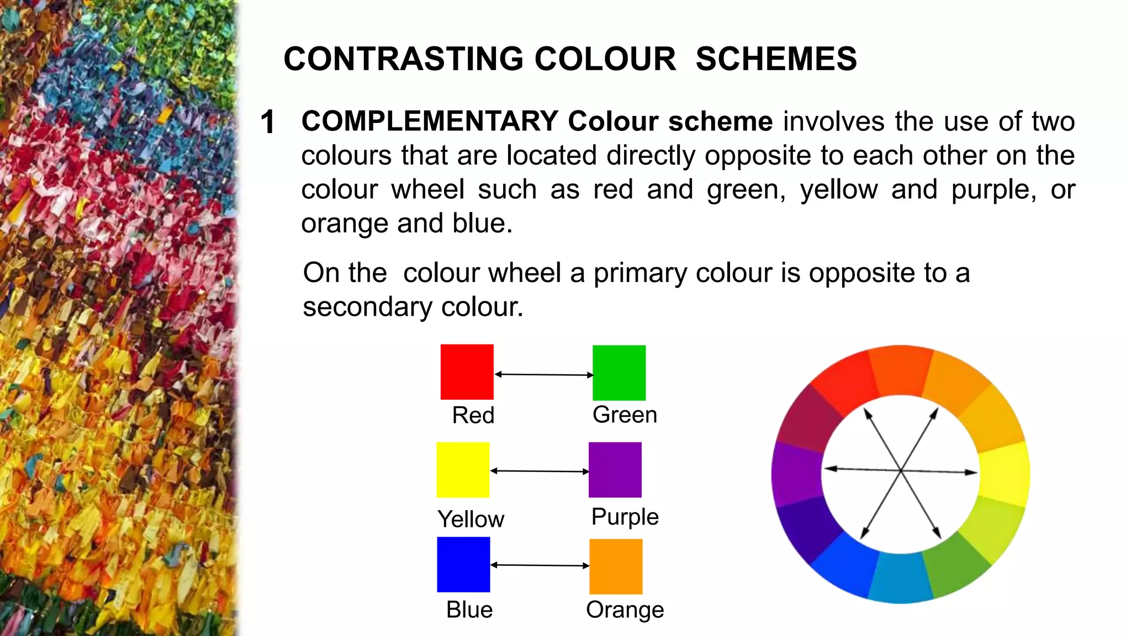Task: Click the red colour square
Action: pos(467,372)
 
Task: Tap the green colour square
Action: pos(619,373)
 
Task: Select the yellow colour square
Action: pos(463,470)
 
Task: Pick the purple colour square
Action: pos(615,470)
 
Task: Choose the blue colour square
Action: pos(463,564)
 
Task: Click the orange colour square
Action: pos(616,566)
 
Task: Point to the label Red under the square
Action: pos(473,415)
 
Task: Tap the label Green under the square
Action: pos(625,415)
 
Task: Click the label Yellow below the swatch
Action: pos(471,519)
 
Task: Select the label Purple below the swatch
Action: pos(625,517)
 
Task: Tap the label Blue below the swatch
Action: pos(469,609)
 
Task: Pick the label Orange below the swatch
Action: pos(625,609)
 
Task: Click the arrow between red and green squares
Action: pos(543,375)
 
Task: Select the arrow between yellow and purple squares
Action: pos(540,471)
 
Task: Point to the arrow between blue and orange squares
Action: pos(540,565)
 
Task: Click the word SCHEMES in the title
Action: pos(776,59)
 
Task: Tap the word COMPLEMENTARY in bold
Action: pos(430,121)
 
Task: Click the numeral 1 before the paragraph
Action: pos(268,122)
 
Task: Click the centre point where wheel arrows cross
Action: pos(901,470)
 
